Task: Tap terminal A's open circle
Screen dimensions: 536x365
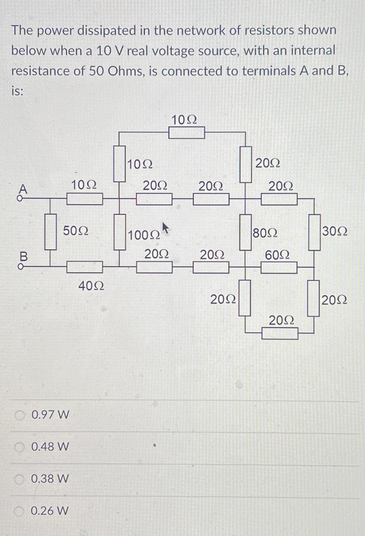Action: [19, 199]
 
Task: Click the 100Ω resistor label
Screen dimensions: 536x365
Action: [144, 235]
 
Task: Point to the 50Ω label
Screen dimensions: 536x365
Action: [76, 231]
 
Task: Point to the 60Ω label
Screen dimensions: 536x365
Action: [277, 256]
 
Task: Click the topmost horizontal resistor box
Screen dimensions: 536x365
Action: [187, 133]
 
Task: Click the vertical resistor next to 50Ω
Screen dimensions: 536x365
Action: [51, 232]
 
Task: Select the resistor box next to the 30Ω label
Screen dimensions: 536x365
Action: [314, 232]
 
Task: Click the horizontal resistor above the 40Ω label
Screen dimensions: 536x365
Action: [85, 267]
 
